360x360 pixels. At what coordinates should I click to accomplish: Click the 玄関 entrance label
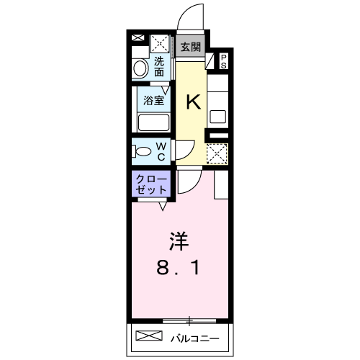[x=191, y=47]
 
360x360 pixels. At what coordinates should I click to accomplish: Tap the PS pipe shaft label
[x=224, y=61]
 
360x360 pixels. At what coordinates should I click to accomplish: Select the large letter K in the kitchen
[x=194, y=102]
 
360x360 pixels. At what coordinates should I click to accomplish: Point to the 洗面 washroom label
[x=159, y=67]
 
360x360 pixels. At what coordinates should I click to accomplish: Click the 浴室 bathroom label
[x=154, y=100]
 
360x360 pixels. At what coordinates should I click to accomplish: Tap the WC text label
[x=161, y=151]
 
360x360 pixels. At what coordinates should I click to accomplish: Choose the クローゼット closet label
[x=151, y=185]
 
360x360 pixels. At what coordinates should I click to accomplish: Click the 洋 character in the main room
[x=179, y=241]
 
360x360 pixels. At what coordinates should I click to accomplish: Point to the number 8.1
[x=178, y=268]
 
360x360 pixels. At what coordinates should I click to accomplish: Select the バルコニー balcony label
[x=195, y=338]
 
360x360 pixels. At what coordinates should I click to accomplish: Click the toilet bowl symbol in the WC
[x=142, y=151]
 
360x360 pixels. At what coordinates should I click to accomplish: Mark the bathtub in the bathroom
[x=153, y=123]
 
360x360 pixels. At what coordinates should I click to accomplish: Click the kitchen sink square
[x=218, y=117]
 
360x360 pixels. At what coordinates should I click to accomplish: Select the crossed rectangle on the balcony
[x=149, y=336]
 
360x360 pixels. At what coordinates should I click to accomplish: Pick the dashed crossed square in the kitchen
[x=217, y=154]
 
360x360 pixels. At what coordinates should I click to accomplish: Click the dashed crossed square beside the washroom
[x=161, y=43]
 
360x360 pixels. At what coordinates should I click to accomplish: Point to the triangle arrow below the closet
[x=163, y=206]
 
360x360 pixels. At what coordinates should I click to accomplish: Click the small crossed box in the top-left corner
[x=138, y=37]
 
